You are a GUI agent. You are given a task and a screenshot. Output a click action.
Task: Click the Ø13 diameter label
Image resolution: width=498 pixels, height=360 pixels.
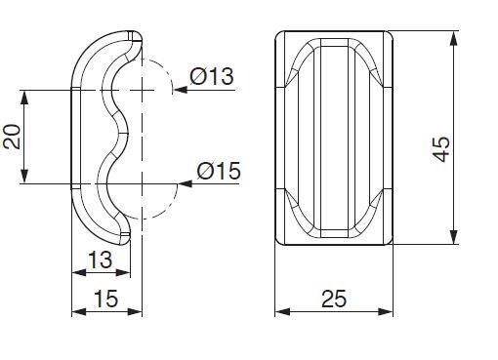point(212,76)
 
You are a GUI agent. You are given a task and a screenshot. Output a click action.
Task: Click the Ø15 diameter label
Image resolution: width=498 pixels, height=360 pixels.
point(219,171)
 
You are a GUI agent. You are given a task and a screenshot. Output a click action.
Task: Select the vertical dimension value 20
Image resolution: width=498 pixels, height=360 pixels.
point(12,137)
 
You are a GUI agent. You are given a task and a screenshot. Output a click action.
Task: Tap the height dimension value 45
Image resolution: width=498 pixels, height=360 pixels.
point(441,149)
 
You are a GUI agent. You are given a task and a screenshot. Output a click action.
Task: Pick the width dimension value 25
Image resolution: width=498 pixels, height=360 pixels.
point(334,299)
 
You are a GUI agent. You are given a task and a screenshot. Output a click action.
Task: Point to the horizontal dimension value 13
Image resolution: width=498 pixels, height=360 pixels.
point(101,260)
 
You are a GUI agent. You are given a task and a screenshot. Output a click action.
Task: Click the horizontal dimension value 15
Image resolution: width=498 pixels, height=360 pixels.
point(106,299)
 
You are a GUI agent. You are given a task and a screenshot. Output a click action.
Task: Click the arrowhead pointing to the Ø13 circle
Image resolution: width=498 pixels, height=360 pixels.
point(181,90)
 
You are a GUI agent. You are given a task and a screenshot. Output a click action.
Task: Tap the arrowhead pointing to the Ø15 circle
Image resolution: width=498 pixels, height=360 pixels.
point(186,183)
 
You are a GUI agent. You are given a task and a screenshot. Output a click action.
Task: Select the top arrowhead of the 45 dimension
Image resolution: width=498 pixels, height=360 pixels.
point(454,38)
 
